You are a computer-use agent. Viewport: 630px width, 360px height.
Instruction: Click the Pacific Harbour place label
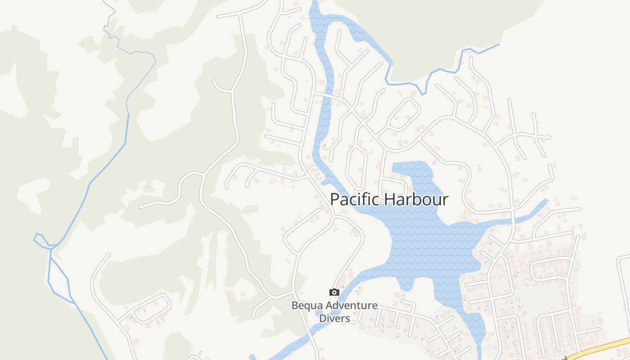[389, 199]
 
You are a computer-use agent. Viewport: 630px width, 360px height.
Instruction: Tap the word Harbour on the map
[418, 199]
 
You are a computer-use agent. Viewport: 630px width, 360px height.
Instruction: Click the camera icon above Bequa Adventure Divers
[334, 292]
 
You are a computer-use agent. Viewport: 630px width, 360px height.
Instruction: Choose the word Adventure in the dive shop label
[352, 306]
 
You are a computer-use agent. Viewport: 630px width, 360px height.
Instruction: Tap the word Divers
[334, 318]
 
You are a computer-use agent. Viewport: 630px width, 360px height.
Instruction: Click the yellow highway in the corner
[598, 349]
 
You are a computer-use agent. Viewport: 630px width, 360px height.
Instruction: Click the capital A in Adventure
[330, 306]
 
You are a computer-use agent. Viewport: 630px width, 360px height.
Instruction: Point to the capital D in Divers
[323, 318]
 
